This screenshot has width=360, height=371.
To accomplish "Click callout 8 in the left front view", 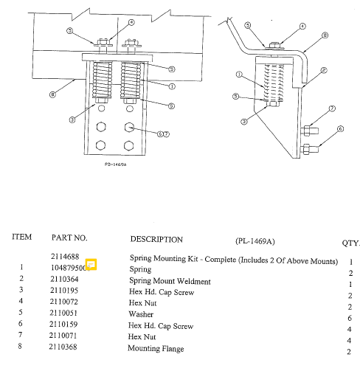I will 52,94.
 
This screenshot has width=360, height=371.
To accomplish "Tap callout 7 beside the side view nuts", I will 333,108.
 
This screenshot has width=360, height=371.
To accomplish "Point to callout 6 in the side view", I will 340,128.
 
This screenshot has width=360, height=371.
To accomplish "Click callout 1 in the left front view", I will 171,86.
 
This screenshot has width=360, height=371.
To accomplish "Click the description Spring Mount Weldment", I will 169,281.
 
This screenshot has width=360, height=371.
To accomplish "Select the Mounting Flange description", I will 156,347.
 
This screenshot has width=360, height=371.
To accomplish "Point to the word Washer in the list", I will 141,314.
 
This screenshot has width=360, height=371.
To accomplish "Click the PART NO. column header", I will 69,238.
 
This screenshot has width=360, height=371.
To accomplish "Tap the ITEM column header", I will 21,237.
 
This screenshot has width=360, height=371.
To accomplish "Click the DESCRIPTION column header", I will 156,239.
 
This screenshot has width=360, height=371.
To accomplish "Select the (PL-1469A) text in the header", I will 255,240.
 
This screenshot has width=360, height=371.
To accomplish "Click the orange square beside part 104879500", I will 91,264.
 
